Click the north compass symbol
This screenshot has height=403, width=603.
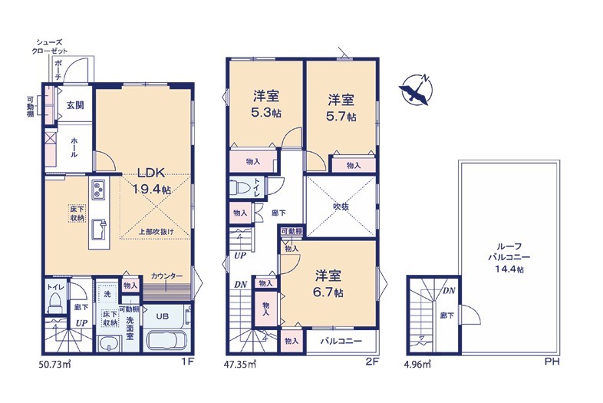click(x=416, y=89)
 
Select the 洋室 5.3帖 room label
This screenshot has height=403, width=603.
click(x=265, y=104)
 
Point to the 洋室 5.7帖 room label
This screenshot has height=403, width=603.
click(x=341, y=107)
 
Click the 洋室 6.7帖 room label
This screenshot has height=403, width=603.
click(x=328, y=283)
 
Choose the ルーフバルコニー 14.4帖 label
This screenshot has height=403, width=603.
click(x=509, y=257)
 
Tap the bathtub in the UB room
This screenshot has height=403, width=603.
click(x=167, y=340)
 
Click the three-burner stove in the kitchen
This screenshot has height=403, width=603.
click(x=98, y=190)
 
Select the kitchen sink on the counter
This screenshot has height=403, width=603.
click(x=99, y=230)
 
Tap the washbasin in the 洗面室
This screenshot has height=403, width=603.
click(x=109, y=342)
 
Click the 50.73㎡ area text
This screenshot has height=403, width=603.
click(x=54, y=364)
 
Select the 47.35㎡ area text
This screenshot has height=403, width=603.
click(x=239, y=364)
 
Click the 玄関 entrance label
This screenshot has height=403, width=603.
click(x=75, y=105)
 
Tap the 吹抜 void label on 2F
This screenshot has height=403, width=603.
click(x=341, y=206)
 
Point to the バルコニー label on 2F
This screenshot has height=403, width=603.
click(x=341, y=341)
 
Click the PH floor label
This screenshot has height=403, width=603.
click(x=552, y=362)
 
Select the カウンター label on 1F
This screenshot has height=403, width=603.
click(x=166, y=276)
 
